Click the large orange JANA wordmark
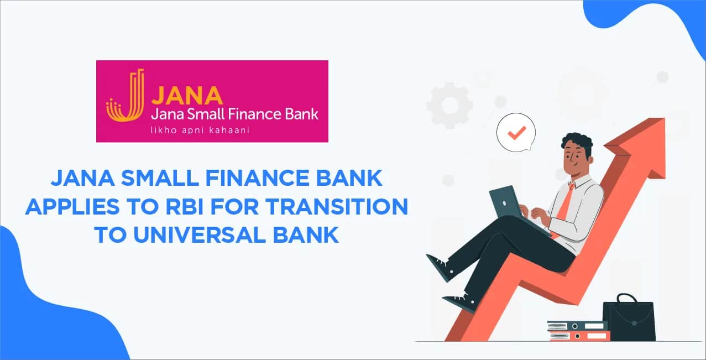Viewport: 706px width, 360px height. (x=187, y=95)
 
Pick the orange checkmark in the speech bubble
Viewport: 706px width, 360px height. (x=517, y=133)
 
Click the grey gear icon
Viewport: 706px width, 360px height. (x=450, y=105)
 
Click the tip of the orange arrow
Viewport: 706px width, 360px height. (x=665, y=118)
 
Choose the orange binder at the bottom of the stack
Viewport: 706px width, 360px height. (x=578, y=336)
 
